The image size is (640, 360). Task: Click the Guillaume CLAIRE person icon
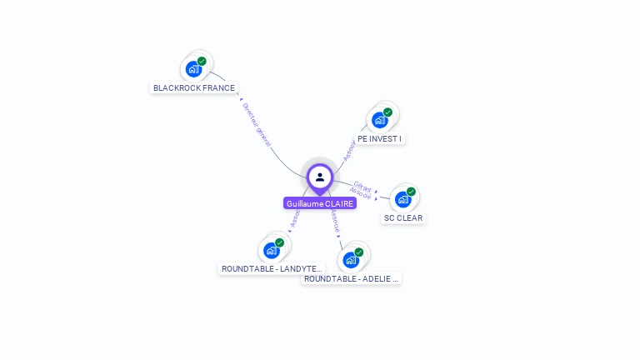pos(320,177)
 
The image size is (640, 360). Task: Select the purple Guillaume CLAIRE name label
pos(320,203)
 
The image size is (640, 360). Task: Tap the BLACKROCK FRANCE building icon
pos(193,68)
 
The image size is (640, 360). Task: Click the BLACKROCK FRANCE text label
pos(194,87)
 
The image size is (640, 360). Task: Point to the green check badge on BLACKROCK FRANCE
pos(202,61)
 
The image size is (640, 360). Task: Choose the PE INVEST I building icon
pos(379,120)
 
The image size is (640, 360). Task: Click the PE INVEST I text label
pos(380,138)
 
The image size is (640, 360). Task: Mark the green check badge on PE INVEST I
pos(387,112)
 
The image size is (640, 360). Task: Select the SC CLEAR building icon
pos(403,199)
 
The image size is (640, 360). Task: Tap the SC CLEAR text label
pos(403,218)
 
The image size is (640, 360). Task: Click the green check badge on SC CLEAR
pos(411,192)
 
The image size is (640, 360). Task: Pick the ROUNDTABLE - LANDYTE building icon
pos(271,250)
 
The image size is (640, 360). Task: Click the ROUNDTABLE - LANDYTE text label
pos(271,268)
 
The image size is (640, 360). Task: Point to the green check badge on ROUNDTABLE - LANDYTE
pos(279,242)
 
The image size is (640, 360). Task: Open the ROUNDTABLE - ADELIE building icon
pos(351,260)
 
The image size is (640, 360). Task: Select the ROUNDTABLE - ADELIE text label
pos(351,278)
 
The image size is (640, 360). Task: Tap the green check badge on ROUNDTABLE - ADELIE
pos(359,252)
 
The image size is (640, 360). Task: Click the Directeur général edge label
pos(257,125)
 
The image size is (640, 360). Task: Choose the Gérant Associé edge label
pos(362,189)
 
